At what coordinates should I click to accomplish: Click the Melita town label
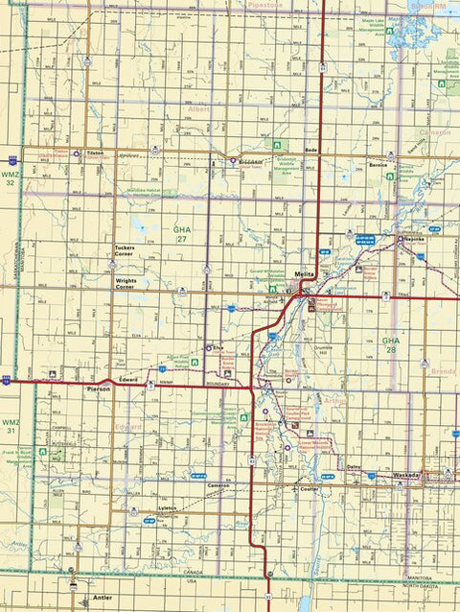[305, 274]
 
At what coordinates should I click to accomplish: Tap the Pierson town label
[99, 389]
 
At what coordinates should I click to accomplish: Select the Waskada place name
[407, 476]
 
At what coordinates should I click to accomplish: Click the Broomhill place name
[251, 161]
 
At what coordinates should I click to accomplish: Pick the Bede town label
[310, 152]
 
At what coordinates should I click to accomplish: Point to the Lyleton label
[167, 507]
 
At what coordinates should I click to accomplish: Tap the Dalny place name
[355, 467]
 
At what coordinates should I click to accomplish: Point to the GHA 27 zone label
[182, 234]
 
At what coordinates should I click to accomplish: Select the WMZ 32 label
[10, 179]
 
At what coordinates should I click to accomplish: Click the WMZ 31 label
[10, 427]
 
